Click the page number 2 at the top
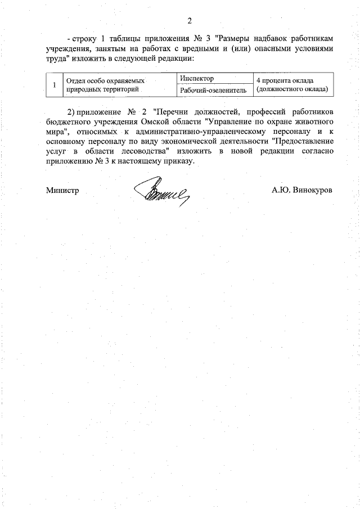(190, 21)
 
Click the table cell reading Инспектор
(197, 78)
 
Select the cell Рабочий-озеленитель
(213, 90)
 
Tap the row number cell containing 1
(53, 84)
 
